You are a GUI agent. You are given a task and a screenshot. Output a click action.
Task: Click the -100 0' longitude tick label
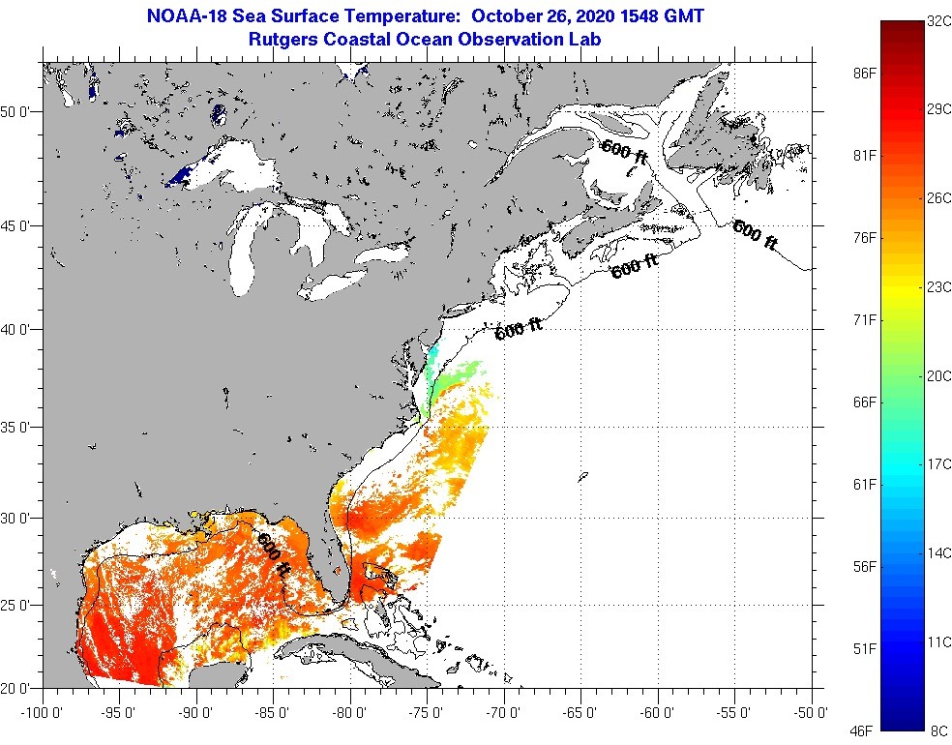click(40, 713)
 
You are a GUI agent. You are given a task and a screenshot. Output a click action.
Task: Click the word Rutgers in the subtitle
click(283, 40)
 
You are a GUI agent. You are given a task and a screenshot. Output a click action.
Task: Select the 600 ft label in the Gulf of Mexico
click(274, 552)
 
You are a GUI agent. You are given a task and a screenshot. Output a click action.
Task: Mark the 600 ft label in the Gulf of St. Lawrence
click(624, 152)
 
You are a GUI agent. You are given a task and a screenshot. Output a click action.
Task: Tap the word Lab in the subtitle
click(585, 40)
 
